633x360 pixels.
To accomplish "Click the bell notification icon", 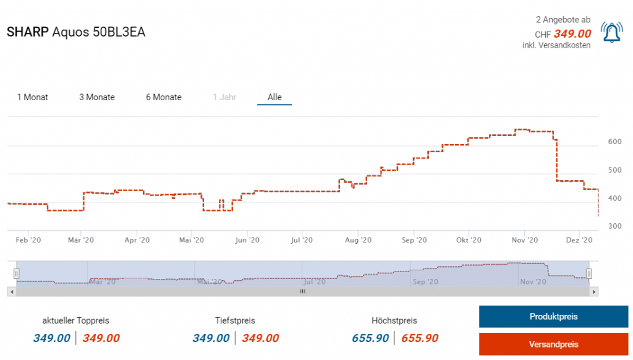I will coord(612,33).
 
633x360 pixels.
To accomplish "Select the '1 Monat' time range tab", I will coord(33,97).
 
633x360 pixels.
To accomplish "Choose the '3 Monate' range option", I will coord(97,97).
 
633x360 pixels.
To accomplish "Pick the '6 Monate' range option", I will coord(164,97).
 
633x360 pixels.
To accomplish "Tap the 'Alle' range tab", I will coord(274,97).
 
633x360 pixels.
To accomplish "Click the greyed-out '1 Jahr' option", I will coord(224,97).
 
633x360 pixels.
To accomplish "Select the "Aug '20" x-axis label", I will coord(358,240).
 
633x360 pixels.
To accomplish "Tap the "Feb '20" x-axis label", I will coord(28,240).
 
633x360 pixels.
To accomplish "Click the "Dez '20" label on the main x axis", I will coord(579,240).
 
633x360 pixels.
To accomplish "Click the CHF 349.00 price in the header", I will coord(572,34).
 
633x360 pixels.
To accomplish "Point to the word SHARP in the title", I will coord(27,32).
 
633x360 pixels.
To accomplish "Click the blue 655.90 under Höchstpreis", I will coord(370,338).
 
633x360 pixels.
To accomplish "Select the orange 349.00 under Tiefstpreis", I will coord(260,338).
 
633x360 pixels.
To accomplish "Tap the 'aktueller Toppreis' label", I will coord(75,320).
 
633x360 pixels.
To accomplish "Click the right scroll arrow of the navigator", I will coord(594,291).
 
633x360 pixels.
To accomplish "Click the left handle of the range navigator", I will coord(17,273).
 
